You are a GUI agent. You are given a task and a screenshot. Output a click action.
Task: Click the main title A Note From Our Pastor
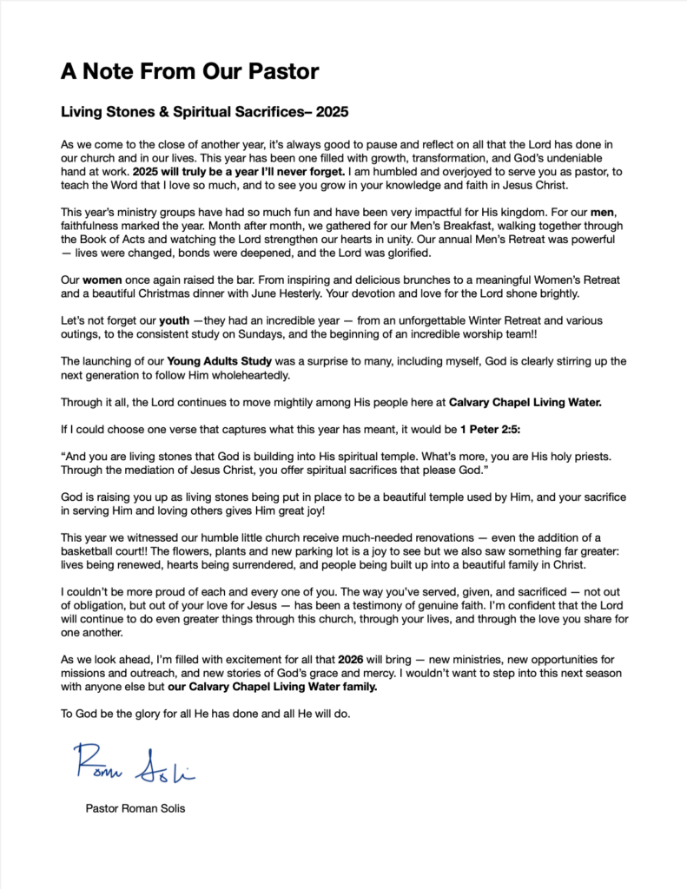[189, 71]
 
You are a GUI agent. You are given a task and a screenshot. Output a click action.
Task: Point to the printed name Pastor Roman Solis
[135, 808]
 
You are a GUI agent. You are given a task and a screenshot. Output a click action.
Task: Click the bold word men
[583, 213]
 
